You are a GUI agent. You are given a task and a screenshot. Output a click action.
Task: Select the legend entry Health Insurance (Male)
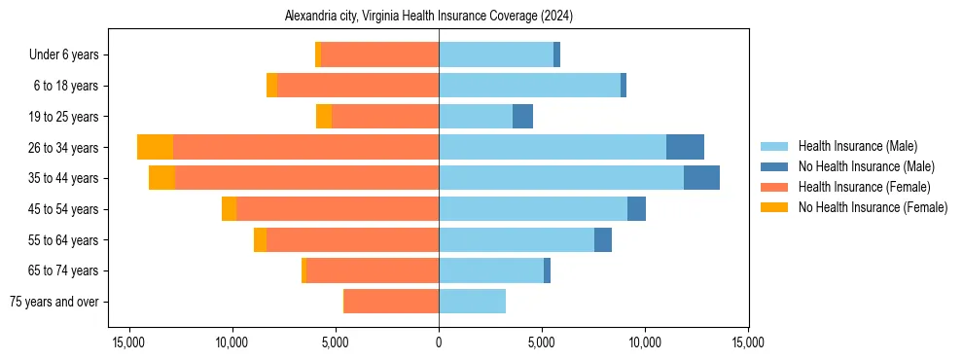click(x=857, y=147)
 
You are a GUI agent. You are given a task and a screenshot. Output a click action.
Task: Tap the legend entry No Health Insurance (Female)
click(x=872, y=207)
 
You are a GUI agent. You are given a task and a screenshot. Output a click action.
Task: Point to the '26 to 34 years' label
click(x=63, y=148)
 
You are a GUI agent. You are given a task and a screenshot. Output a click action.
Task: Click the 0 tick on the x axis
click(x=439, y=342)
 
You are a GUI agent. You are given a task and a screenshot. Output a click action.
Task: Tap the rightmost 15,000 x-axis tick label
click(x=748, y=342)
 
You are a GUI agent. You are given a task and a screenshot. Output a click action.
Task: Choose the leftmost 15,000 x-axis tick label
click(x=129, y=342)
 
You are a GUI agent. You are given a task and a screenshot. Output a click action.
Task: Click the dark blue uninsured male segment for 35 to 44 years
click(x=701, y=178)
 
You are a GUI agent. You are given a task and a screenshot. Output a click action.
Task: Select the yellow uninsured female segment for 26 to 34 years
click(x=155, y=147)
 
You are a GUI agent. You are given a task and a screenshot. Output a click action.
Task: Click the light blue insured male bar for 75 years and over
click(x=472, y=302)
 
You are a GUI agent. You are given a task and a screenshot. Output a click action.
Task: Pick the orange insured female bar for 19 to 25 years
click(x=385, y=117)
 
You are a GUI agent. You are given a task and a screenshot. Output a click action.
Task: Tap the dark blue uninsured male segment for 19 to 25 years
click(x=522, y=117)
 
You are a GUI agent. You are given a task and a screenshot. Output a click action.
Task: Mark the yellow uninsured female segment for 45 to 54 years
click(x=229, y=209)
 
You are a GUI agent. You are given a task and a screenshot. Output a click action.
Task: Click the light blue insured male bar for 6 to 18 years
click(x=529, y=86)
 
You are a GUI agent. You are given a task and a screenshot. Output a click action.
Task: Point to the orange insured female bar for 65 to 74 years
click(x=373, y=270)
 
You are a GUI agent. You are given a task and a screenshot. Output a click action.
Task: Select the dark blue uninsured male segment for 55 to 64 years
click(x=603, y=239)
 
